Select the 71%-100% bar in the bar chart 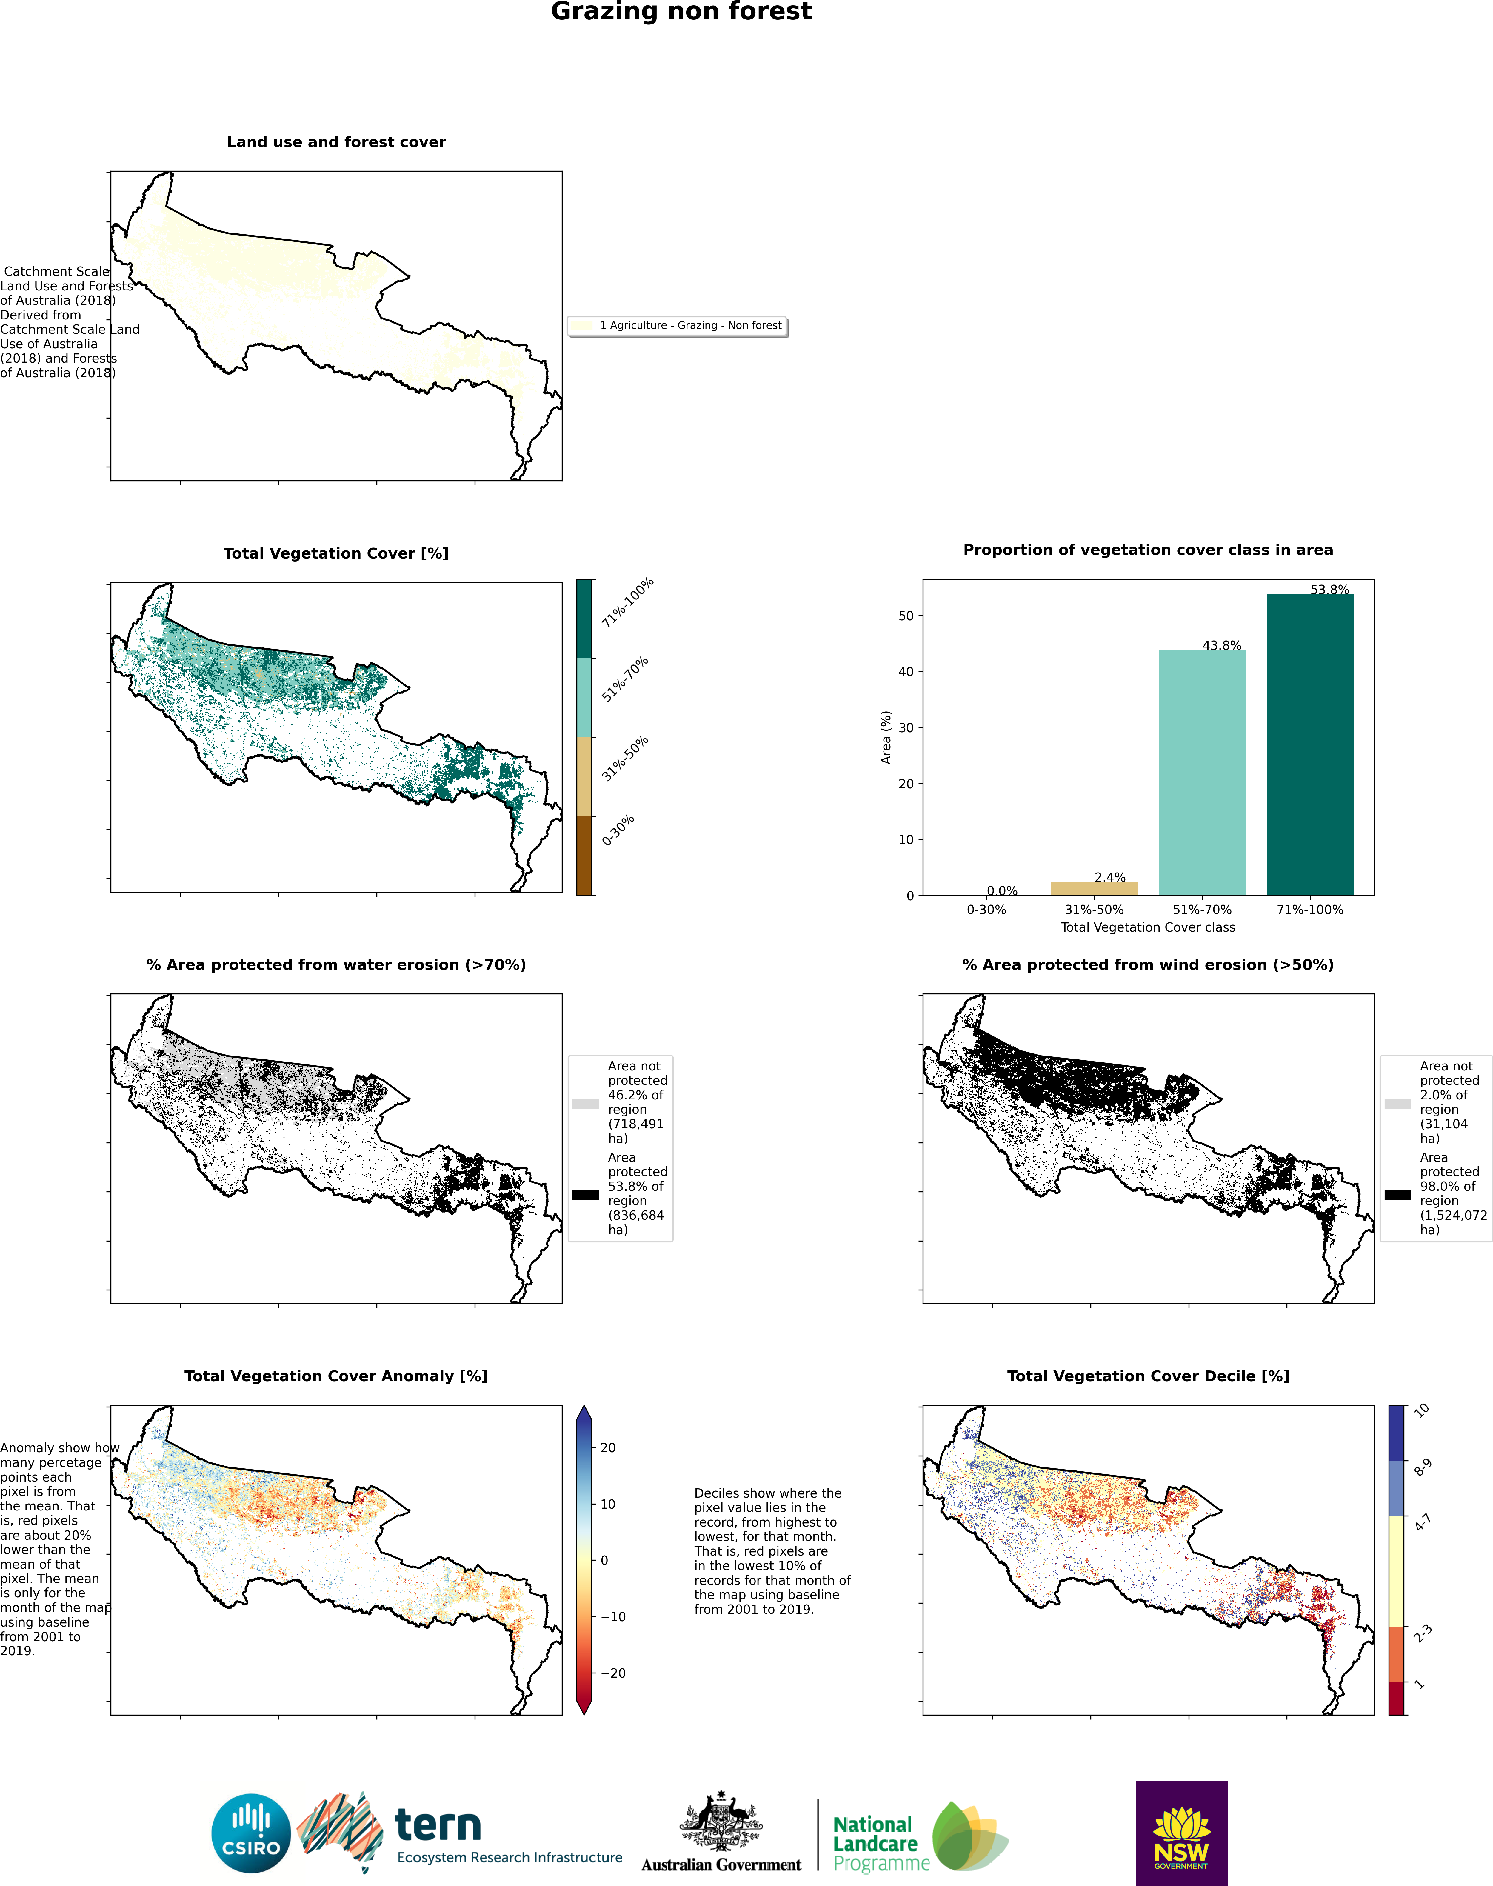pos(1309,744)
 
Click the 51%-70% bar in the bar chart pos(1202,772)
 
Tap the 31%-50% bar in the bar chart pos(1094,888)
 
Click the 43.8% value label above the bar pos(1221,645)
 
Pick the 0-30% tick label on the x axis pos(986,909)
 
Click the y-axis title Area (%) pos(886,737)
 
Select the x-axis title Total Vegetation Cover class pos(1148,927)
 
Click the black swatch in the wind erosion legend pos(1397,1194)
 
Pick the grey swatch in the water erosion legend pos(585,1103)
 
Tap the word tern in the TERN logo pos(438,1826)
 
